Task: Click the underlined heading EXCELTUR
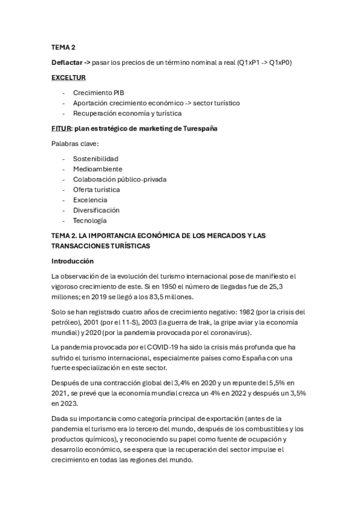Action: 68,78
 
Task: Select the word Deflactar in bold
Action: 66,62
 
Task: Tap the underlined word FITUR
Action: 61,129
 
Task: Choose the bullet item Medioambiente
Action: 97,169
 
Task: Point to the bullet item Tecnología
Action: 90,220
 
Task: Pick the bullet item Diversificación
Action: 96,210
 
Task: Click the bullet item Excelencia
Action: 90,200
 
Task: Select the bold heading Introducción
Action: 73,262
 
